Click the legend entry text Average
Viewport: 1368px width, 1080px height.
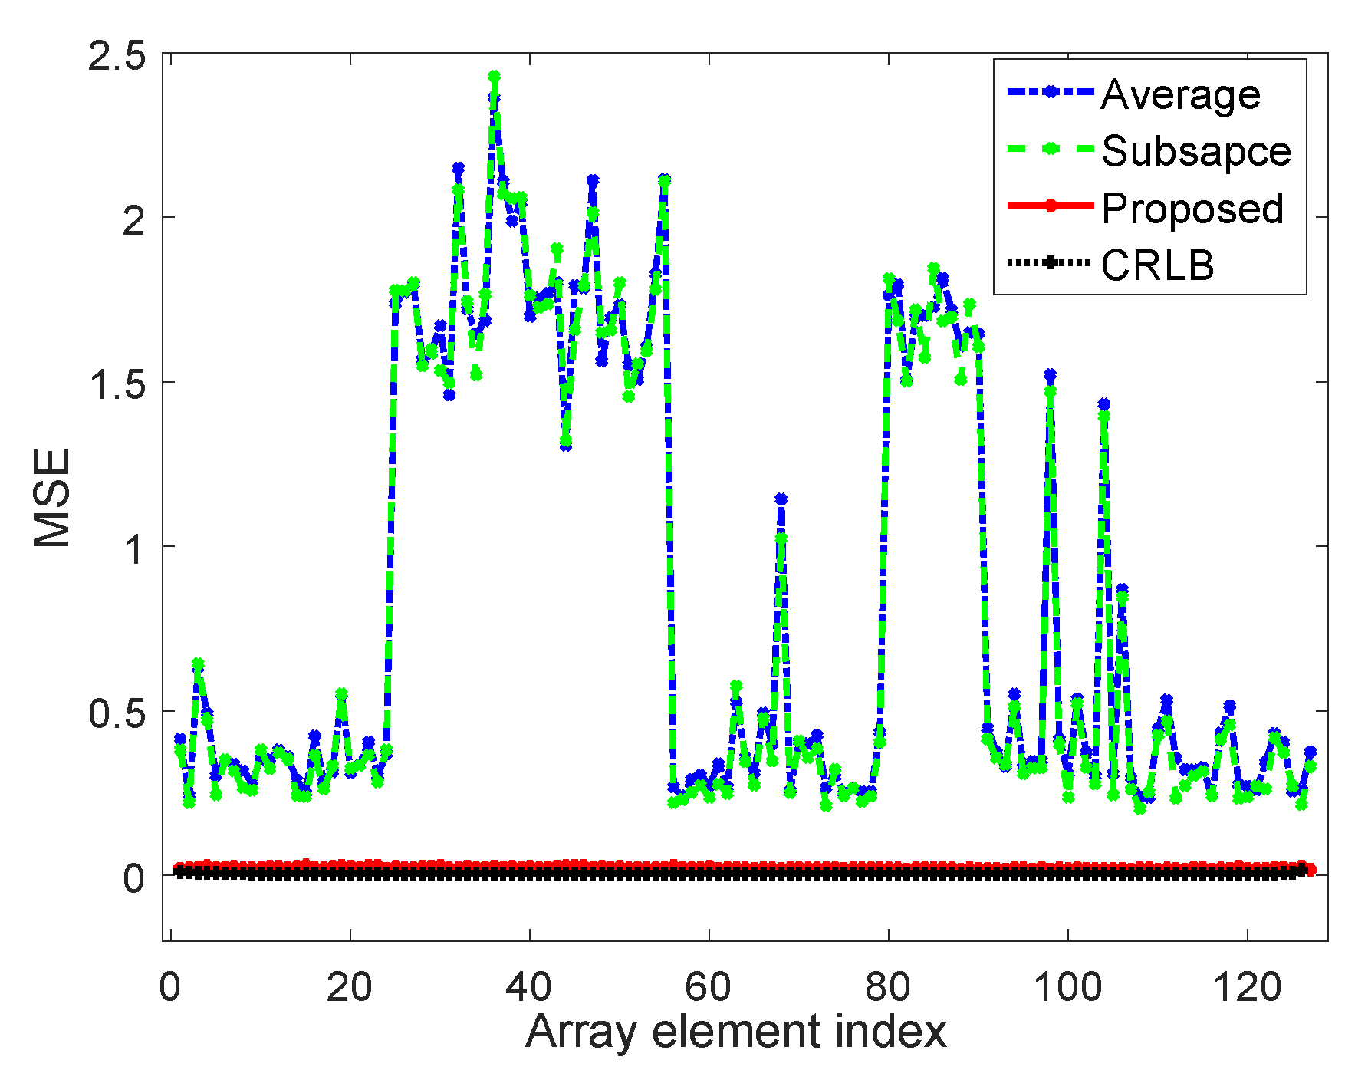tap(1180, 95)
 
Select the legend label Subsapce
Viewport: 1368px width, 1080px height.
tap(1196, 151)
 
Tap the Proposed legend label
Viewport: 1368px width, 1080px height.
tap(1192, 208)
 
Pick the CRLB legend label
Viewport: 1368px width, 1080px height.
tap(1158, 265)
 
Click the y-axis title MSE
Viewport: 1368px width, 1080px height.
tap(52, 497)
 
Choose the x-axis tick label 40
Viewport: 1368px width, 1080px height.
tap(529, 986)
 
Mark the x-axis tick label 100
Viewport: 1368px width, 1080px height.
tap(1067, 986)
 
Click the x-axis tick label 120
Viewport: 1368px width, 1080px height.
tap(1247, 986)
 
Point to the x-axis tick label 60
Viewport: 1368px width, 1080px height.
tap(709, 986)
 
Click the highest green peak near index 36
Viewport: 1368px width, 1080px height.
tap(494, 77)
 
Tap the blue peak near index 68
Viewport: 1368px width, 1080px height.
tap(781, 499)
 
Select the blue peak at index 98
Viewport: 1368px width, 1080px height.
tap(1050, 374)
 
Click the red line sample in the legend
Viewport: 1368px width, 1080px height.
tap(1049, 206)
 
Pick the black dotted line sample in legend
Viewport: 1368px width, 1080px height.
tap(1049, 263)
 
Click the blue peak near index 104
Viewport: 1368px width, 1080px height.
tap(1103, 404)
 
